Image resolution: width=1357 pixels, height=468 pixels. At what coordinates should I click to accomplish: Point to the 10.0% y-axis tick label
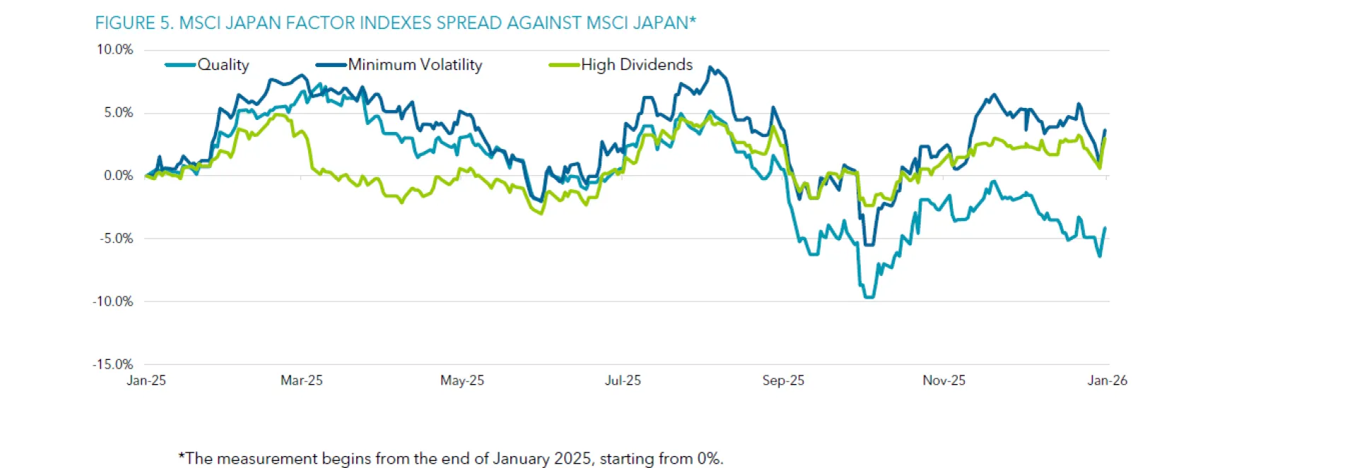114,49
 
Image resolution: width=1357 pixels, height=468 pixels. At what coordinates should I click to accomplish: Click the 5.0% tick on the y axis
118,113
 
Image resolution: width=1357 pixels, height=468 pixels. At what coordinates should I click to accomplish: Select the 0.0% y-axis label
118,176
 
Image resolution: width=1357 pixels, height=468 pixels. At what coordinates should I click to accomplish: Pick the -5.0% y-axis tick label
117,239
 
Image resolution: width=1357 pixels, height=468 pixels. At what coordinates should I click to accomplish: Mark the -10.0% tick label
113,301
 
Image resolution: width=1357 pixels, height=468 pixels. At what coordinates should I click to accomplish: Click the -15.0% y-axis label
113,364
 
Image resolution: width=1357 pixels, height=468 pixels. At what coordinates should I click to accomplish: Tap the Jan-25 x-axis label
146,380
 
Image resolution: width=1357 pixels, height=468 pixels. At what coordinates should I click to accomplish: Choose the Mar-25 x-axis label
302,380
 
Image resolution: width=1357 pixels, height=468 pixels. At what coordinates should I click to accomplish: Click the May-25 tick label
462,380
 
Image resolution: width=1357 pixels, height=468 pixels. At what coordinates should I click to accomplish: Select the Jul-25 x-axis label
623,380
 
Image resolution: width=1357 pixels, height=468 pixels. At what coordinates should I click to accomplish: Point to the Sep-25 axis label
783,380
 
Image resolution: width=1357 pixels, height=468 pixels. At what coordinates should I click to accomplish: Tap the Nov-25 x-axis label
944,380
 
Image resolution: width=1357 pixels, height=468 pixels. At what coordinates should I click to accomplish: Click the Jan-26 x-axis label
1108,380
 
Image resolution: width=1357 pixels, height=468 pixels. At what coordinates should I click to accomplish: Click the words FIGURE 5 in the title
134,23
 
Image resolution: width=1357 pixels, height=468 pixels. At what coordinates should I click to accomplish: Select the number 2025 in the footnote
572,459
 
